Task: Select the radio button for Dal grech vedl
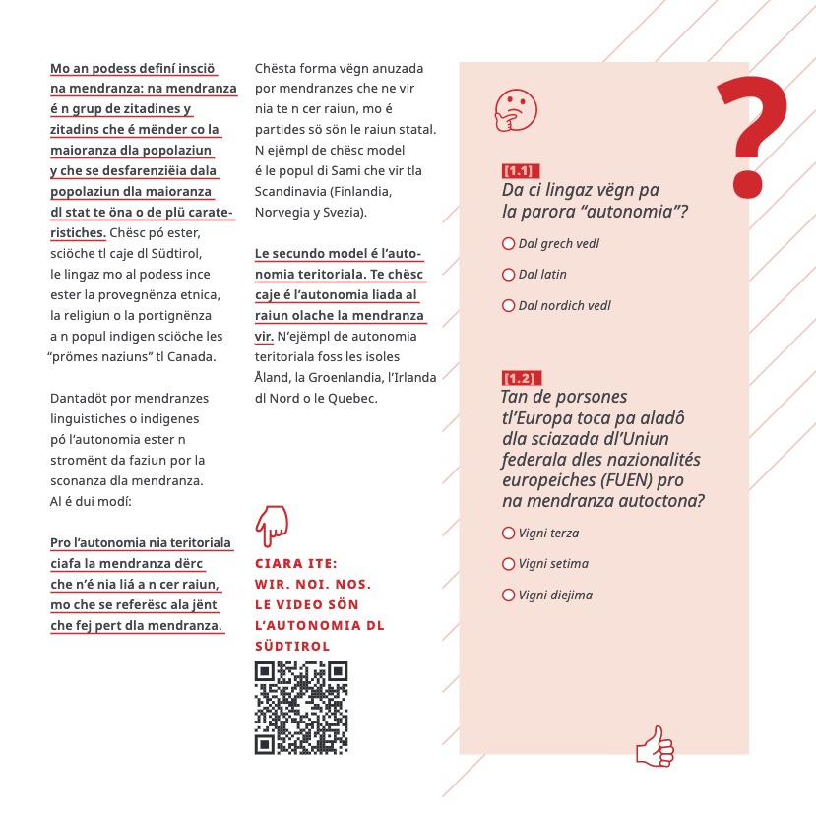[x=509, y=243]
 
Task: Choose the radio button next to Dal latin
[x=509, y=274]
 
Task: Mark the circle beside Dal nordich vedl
[x=509, y=305]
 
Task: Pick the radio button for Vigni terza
[x=509, y=533]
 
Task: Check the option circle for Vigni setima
[x=509, y=564]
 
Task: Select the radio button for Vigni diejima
[x=509, y=595]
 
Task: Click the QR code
[x=301, y=708]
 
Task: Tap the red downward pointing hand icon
[x=271, y=528]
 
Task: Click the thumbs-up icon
[x=656, y=747]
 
